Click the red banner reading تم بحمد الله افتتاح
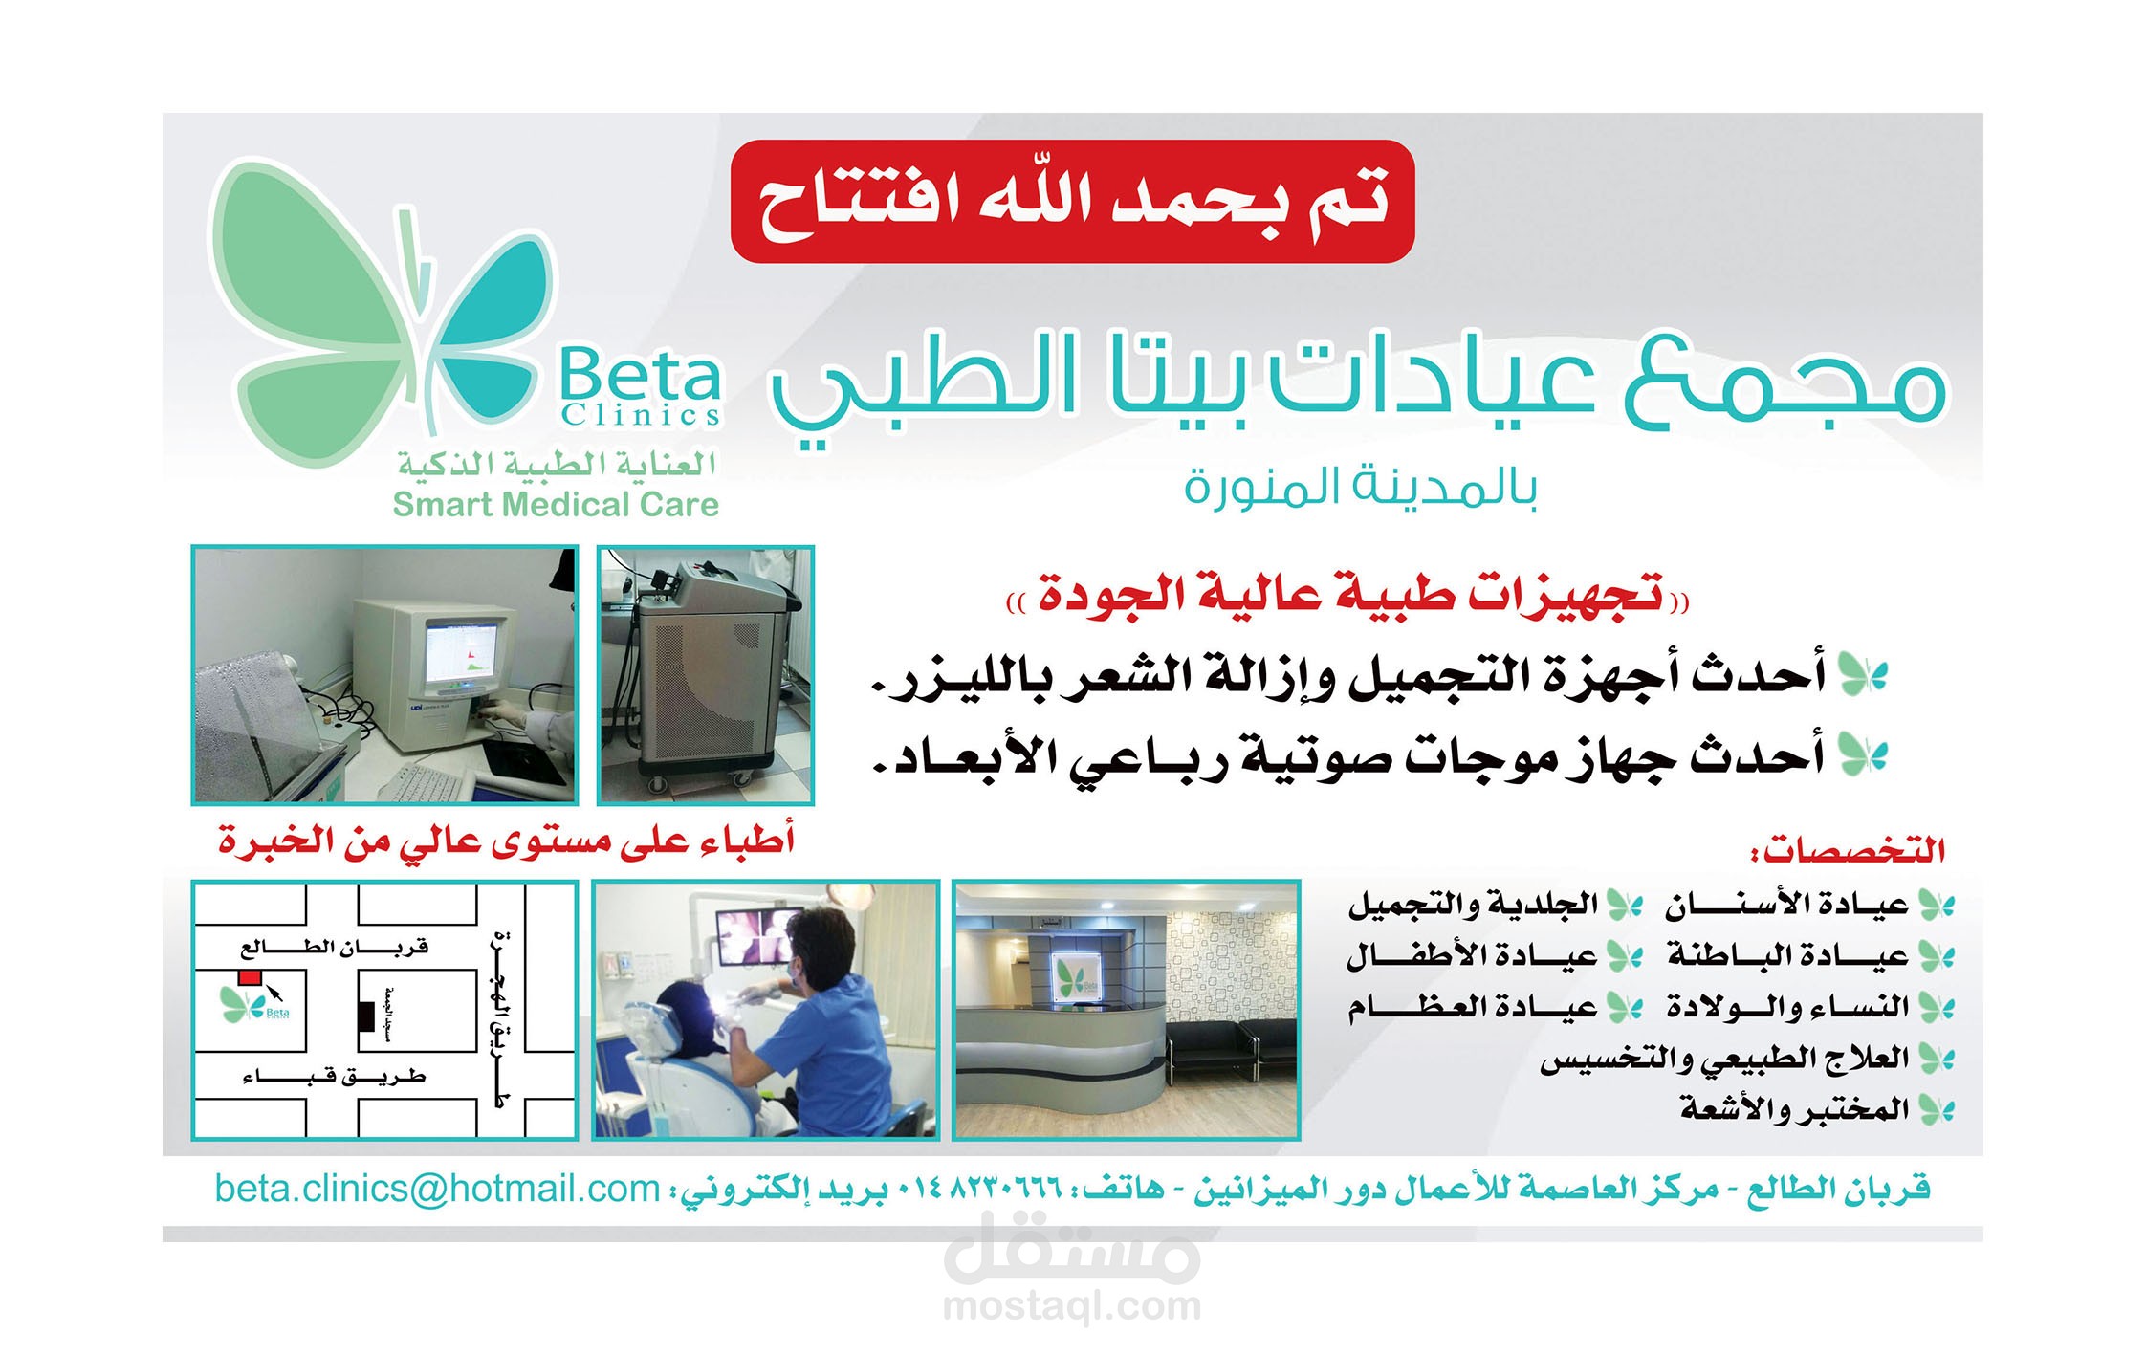pyautogui.click(x=1072, y=202)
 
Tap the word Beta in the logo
pyautogui.click(x=639, y=377)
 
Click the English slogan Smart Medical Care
pyautogui.click(x=556, y=504)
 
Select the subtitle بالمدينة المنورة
pyautogui.click(x=1360, y=487)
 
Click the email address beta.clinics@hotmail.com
pyautogui.click(x=437, y=1189)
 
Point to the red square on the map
pyautogui.click(x=250, y=977)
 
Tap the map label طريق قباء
pyautogui.click(x=334, y=1077)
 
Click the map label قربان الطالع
pyautogui.click(x=334, y=948)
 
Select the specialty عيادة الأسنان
pyautogui.click(x=1786, y=904)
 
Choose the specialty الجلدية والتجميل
pyautogui.click(x=1473, y=904)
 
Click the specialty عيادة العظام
pyautogui.click(x=1473, y=1007)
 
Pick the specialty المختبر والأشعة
pyautogui.click(x=1794, y=1109)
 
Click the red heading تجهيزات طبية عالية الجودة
pyautogui.click(x=1349, y=595)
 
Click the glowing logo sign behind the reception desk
pyautogui.click(x=1077, y=978)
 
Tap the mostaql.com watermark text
pyautogui.click(x=1072, y=1306)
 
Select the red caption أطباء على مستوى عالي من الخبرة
pyautogui.click(x=506, y=841)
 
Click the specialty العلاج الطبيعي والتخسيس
pyautogui.click(x=1723, y=1059)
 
